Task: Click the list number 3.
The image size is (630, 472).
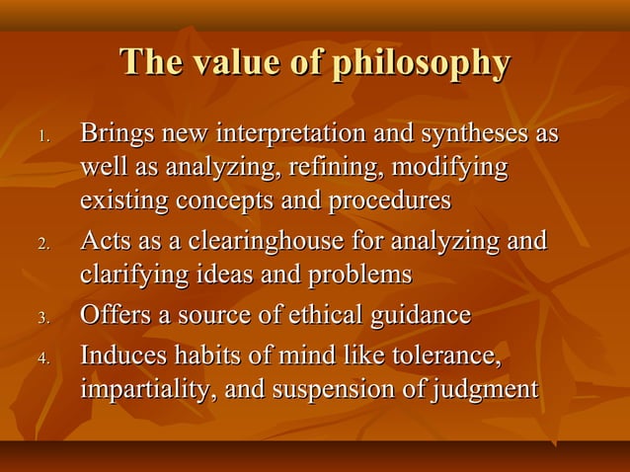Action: click(x=42, y=318)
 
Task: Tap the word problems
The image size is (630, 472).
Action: click(x=359, y=275)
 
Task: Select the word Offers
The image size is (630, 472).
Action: click(x=114, y=316)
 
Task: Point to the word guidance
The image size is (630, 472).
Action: click(x=416, y=316)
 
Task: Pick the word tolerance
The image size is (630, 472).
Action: click(x=444, y=354)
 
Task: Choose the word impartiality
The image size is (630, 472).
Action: click(x=149, y=389)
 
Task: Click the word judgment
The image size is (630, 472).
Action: click(x=485, y=389)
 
